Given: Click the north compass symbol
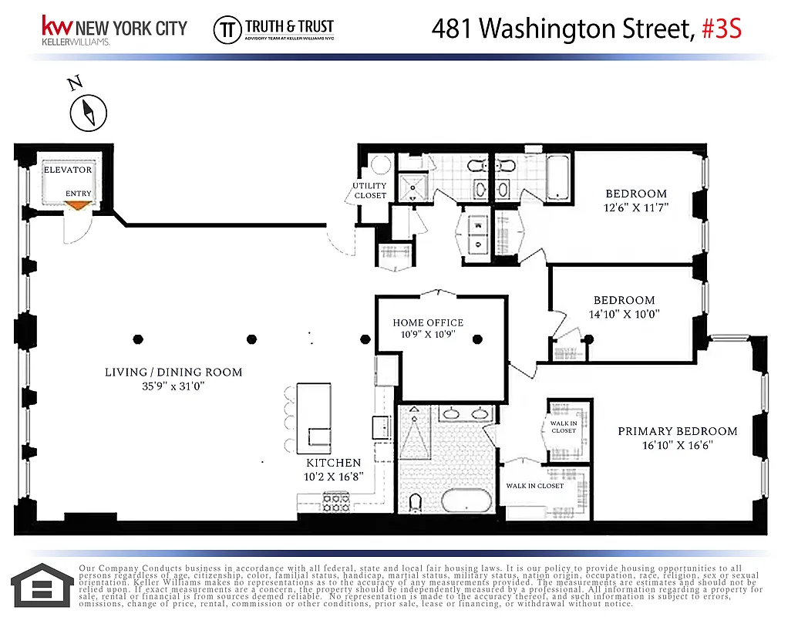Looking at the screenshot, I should pyautogui.click(x=87, y=113).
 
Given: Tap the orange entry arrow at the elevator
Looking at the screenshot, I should pyautogui.click(x=77, y=204).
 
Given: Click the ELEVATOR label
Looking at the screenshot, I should pyautogui.click(x=68, y=170).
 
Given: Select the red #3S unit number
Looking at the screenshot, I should pyautogui.click(x=722, y=29).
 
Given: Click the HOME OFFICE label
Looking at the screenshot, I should pyautogui.click(x=428, y=322).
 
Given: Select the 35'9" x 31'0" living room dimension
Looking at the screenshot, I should pyautogui.click(x=173, y=385).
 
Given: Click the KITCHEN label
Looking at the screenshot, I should pyautogui.click(x=333, y=463).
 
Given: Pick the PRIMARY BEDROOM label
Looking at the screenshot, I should pyautogui.click(x=677, y=431).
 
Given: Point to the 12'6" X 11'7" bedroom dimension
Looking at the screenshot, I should pyautogui.click(x=635, y=207).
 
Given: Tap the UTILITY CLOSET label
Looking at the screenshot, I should pyautogui.click(x=369, y=190).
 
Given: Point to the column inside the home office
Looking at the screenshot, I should pyautogui.click(x=477, y=339).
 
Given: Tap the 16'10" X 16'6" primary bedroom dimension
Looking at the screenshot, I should pyautogui.click(x=677, y=445).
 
